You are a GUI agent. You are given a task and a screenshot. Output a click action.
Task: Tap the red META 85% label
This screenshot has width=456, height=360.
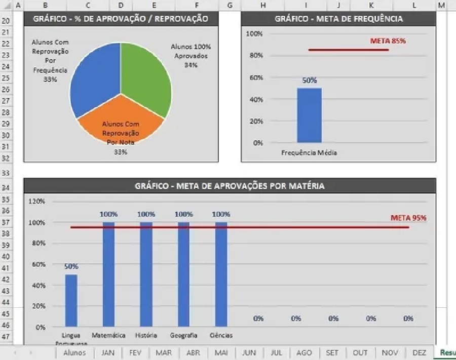[388, 41]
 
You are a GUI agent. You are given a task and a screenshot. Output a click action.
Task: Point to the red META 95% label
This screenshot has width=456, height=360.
[408, 218]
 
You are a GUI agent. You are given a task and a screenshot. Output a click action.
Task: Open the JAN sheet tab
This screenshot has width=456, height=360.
[108, 353]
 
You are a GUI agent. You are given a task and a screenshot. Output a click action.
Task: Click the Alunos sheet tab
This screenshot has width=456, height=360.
[74, 353]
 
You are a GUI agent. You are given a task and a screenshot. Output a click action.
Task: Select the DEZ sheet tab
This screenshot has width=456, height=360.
[419, 353]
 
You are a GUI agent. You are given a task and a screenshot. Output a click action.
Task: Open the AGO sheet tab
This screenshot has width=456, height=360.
[304, 353]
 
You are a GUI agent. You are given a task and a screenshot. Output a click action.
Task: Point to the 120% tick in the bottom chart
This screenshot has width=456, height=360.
[37, 201]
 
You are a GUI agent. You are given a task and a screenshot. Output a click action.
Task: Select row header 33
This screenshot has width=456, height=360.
[6, 173]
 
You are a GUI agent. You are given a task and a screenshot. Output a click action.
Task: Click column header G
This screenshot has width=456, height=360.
[230, 5]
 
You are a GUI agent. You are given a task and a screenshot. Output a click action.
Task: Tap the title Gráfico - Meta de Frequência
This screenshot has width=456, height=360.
[338, 19]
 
